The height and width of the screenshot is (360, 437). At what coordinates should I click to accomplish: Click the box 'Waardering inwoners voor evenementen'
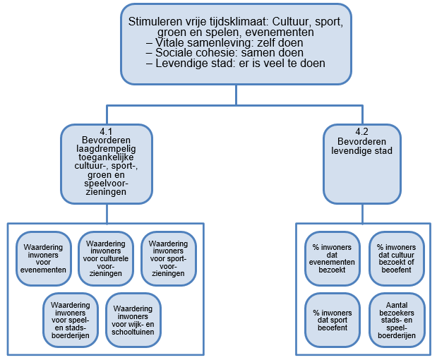[x=44, y=258]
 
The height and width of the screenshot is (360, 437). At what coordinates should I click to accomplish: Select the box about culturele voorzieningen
[x=106, y=258]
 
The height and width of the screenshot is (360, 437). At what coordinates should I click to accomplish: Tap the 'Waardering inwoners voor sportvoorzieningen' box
[x=168, y=258]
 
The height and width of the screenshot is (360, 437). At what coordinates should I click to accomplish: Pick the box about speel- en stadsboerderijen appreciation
[x=71, y=320]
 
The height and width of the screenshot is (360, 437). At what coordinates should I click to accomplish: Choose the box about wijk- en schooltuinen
[x=133, y=320]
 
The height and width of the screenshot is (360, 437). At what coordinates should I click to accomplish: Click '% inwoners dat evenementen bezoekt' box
[x=333, y=258]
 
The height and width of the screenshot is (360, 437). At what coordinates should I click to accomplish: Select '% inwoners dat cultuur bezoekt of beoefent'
[x=397, y=258]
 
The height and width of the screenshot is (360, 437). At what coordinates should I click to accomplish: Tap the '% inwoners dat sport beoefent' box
[x=333, y=320]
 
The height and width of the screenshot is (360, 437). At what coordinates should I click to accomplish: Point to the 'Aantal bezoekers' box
[x=397, y=320]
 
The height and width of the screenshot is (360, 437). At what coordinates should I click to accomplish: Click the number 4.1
[x=106, y=131]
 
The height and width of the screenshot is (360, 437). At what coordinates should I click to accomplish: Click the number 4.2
[x=361, y=131]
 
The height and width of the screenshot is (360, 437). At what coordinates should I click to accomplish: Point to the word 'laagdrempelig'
[x=106, y=149]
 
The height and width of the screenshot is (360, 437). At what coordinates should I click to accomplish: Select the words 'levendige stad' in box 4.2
[x=361, y=151]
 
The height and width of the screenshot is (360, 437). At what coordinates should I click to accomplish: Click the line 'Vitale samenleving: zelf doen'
[x=225, y=42]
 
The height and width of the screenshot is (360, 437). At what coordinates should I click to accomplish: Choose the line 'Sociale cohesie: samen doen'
[x=225, y=53]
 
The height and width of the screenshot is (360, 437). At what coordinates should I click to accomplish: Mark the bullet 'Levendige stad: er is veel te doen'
[x=235, y=64]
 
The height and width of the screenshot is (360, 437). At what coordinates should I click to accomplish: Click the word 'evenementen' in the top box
[x=280, y=32]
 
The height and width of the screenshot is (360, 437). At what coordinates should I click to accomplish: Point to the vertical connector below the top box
[x=236, y=95]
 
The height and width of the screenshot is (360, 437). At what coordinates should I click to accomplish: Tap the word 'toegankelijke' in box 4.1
[x=106, y=157]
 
